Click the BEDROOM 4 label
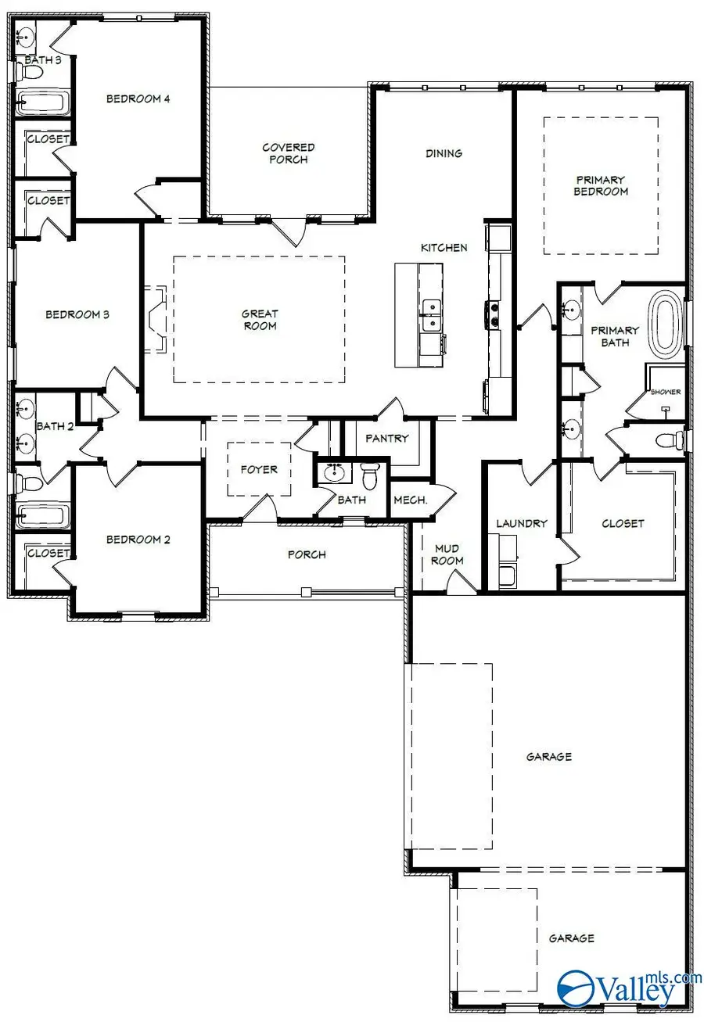[x=138, y=99]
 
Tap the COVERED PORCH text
[x=289, y=153]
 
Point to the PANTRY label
[x=387, y=439]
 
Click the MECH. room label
[x=410, y=500]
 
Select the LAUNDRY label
[x=521, y=523]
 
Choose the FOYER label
[x=259, y=470]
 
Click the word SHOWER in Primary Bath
[x=665, y=392]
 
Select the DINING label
[x=444, y=153]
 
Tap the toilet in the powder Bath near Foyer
[x=370, y=475]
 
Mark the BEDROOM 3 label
[x=77, y=314]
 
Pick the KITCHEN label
[x=444, y=248]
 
